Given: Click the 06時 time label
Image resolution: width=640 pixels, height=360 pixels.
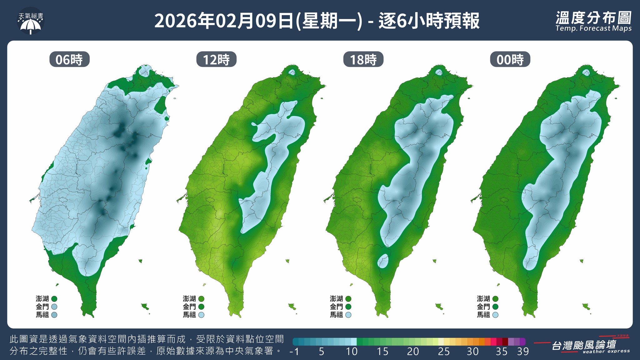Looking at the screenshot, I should [69, 59].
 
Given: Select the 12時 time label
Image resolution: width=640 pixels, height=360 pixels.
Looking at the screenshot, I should [216, 59].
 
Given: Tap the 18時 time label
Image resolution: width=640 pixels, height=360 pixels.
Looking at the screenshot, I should [363, 59].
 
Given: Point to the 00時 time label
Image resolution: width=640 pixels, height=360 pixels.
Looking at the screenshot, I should [510, 59].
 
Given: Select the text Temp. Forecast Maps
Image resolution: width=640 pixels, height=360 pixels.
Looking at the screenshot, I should [593, 28].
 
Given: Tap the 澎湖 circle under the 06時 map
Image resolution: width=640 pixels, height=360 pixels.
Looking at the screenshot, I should [54, 299].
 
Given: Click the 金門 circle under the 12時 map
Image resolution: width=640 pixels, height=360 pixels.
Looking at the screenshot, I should [201, 307].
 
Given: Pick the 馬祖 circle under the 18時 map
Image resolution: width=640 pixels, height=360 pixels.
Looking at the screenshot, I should [348, 315].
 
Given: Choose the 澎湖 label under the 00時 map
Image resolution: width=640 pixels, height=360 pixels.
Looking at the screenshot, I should [483, 299].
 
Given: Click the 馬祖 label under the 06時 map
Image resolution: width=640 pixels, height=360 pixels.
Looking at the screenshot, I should [42, 315].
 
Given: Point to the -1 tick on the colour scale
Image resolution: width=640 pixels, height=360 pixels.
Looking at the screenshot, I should [294, 352].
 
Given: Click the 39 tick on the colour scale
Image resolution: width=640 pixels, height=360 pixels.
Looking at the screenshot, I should [523, 352].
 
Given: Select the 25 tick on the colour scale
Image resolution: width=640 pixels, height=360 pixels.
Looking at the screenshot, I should [443, 352].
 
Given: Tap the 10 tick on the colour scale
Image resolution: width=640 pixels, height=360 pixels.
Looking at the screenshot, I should [352, 352].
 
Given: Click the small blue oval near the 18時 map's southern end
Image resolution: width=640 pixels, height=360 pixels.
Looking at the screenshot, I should [383, 261].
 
